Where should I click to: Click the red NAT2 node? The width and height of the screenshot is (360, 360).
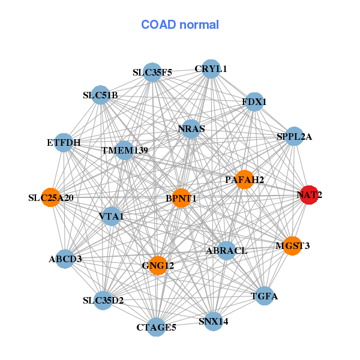point(309,195)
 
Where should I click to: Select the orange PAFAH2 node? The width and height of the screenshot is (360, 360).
point(244,179)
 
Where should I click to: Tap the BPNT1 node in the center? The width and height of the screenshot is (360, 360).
point(181,198)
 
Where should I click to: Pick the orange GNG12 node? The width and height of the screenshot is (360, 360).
point(157,265)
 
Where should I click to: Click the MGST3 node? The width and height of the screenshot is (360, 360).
point(292,245)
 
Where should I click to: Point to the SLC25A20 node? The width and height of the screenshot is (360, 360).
point(51,197)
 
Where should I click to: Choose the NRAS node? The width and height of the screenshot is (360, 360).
point(191,129)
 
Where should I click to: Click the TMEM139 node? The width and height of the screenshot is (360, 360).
point(124,149)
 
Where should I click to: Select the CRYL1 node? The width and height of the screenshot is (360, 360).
point(211,69)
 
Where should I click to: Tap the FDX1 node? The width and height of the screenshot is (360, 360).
point(254,102)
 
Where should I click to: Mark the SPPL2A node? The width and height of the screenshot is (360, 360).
point(294,136)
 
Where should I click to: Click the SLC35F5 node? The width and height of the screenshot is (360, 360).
point(152,73)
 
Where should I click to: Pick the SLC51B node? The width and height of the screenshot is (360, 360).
point(100,95)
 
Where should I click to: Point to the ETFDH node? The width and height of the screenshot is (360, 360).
point(64,143)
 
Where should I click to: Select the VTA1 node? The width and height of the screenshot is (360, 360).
point(111,216)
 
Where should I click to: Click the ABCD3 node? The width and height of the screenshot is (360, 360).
point(65,259)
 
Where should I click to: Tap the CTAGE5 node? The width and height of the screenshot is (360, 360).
point(156,327)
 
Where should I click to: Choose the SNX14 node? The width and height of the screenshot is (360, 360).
point(213,321)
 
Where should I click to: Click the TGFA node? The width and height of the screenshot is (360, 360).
point(265,296)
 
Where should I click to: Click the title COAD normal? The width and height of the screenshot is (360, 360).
point(180,25)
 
